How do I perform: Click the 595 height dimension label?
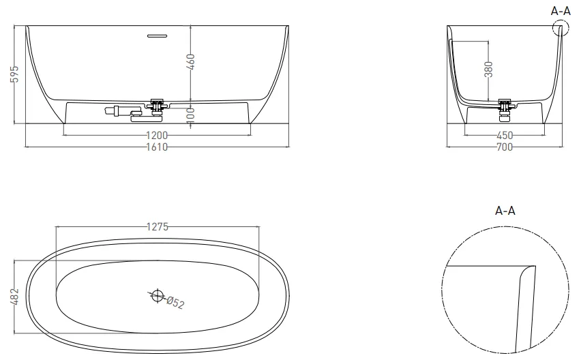pyautogui.click(x=14, y=74)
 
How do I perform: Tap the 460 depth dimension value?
pyautogui.click(x=190, y=62)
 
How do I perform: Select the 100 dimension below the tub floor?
pyautogui.click(x=190, y=115)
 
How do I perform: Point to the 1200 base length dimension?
pyautogui.click(x=157, y=135)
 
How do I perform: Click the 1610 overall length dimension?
pyautogui.click(x=157, y=147)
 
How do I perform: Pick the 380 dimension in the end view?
pyautogui.click(x=488, y=70)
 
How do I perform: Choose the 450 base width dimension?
pyautogui.click(x=505, y=135)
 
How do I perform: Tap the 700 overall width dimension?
pyautogui.click(x=505, y=147)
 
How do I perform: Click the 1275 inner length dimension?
pyautogui.click(x=158, y=226)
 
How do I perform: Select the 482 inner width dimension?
pyautogui.click(x=14, y=297)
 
